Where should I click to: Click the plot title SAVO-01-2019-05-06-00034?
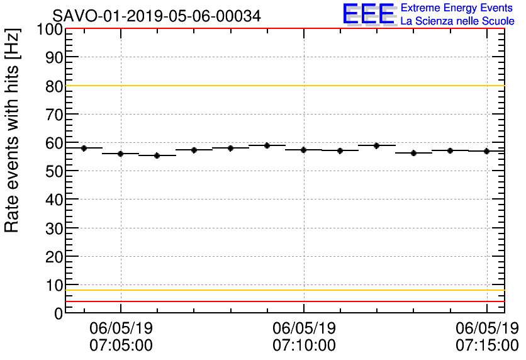tap(156, 15)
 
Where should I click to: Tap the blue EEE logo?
tap(369, 14)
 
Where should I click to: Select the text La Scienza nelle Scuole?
tap(457, 21)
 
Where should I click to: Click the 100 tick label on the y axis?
tap(50, 30)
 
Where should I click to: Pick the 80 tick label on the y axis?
tap(54, 86)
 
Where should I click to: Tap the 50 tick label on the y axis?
tap(54, 172)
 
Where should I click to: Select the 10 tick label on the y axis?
tap(54, 285)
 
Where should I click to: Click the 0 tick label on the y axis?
tap(59, 313)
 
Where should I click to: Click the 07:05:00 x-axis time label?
tap(121, 345)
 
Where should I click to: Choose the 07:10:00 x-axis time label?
tap(304, 345)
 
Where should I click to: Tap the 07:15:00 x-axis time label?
tap(487, 345)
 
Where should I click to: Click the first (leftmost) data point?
tap(84, 148)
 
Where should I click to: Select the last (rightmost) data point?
tap(487, 151)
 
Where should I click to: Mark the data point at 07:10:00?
tap(304, 150)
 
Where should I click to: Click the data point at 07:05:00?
tap(120, 154)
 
